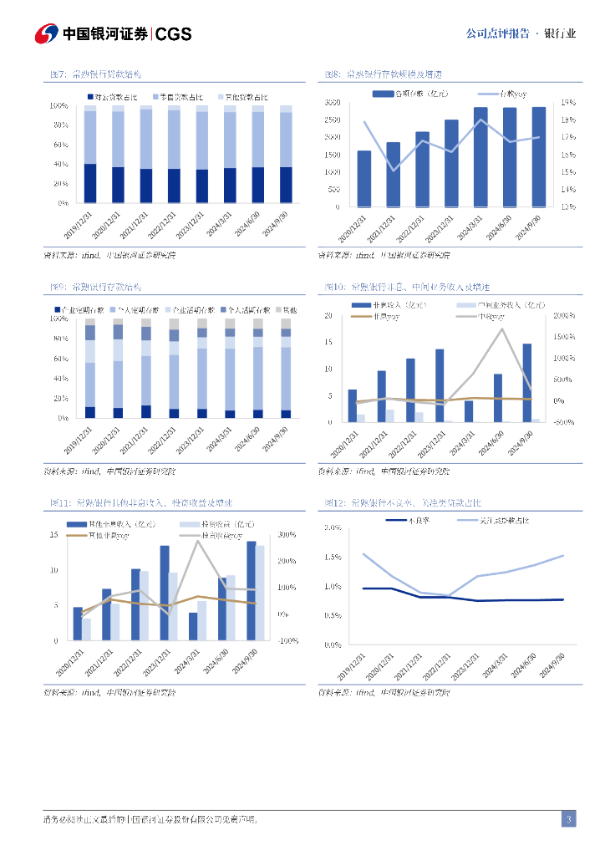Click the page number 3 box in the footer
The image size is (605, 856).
[x=568, y=818]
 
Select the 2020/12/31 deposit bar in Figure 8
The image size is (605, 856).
[x=364, y=178]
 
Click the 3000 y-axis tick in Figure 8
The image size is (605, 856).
[x=332, y=102]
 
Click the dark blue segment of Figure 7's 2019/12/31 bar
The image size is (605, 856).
[x=90, y=183]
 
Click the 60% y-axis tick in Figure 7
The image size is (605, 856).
[x=59, y=145]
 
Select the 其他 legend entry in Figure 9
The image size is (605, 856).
[x=283, y=309]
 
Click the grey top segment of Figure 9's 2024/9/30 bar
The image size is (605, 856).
[x=286, y=324]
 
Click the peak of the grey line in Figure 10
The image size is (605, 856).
[x=502, y=328]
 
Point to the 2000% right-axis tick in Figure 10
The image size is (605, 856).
[x=565, y=316]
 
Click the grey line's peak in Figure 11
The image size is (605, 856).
[x=198, y=541]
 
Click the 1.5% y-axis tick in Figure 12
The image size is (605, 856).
[x=332, y=557]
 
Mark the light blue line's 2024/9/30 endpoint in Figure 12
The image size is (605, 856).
[x=563, y=556]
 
